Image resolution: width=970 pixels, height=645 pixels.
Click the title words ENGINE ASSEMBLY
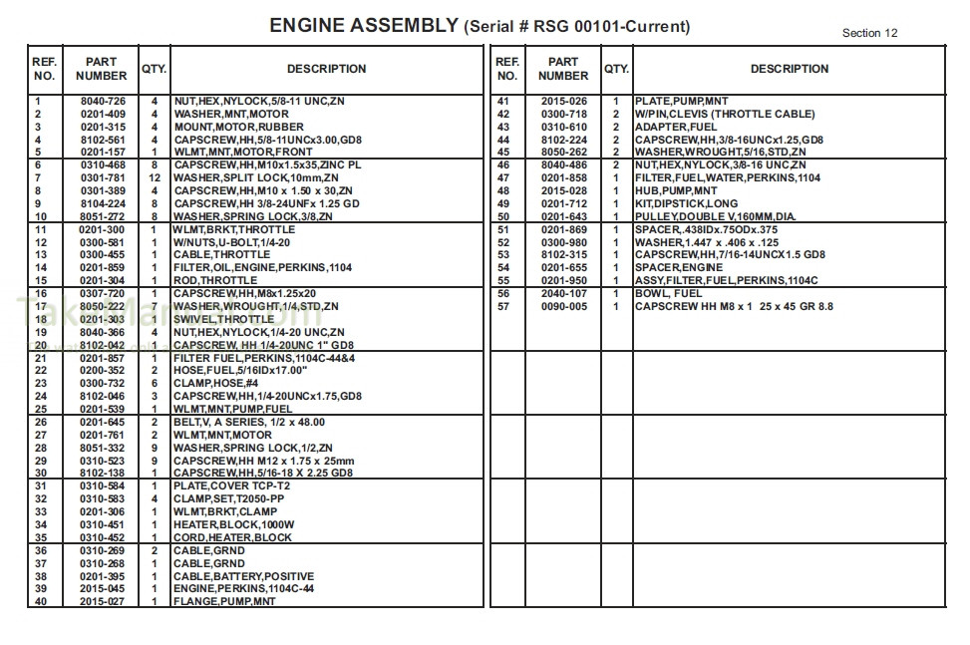[364, 26]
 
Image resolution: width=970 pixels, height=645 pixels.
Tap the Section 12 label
[869, 33]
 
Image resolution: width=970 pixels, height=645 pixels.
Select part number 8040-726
[103, 102]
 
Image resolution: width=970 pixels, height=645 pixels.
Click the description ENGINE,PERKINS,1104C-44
[243, 589]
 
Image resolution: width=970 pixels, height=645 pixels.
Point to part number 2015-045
[103, 589]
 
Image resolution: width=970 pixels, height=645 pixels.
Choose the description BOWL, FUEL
[668, 294]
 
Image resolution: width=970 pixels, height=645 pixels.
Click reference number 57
[502, 307]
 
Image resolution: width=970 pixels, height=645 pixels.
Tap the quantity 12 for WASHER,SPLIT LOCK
[154, 178]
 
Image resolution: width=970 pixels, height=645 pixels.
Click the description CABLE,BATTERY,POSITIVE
[243, 576]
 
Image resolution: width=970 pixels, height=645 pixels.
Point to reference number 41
[502, 102]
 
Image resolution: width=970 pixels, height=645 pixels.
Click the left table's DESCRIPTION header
[326, 69]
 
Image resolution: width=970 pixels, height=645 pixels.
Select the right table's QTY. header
[616, 69]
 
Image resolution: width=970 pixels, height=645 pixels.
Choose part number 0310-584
[103, 486]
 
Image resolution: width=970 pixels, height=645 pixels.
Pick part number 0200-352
[103, 371]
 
